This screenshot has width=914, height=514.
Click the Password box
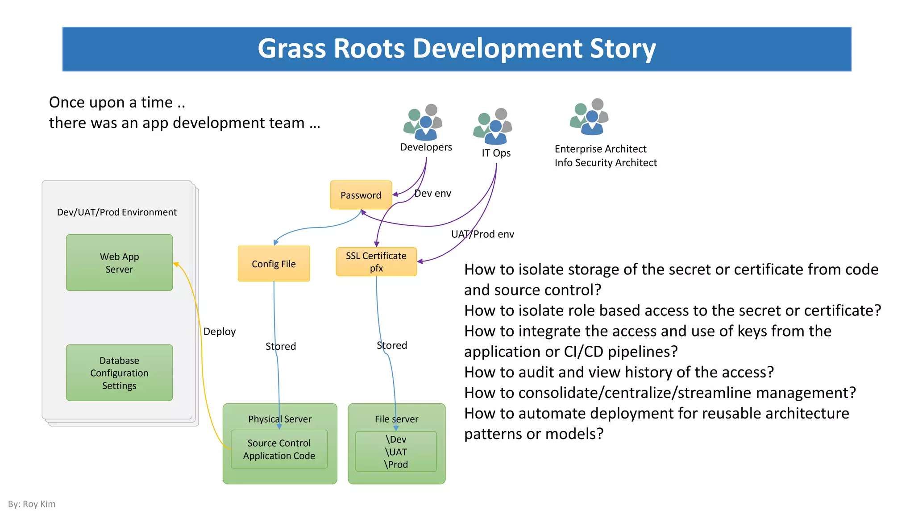361,195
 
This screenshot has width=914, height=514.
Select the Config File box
274,264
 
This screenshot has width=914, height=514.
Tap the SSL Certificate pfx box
376,262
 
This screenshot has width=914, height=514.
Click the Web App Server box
119,263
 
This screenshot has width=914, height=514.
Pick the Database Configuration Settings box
119,373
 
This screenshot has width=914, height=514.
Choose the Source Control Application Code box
279,449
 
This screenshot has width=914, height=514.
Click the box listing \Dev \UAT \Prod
396,452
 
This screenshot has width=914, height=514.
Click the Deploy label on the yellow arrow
219,332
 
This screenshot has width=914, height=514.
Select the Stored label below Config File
281,346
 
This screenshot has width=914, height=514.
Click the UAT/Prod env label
482,234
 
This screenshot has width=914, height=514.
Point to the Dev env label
432,193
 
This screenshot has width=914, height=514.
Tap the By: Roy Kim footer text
32,504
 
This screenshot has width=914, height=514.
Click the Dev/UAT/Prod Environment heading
117,212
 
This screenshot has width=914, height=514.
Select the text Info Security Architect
606,163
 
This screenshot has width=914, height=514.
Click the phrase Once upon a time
111,102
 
